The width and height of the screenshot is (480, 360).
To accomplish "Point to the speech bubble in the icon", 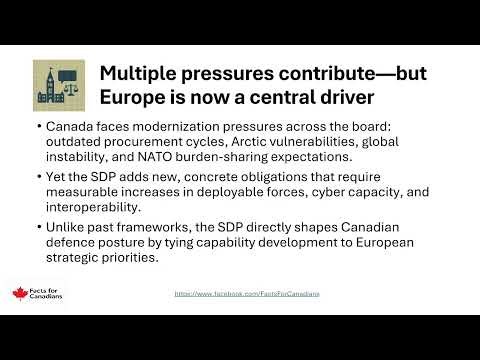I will pos(70,76).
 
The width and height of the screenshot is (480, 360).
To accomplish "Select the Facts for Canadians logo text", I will pos(44,295).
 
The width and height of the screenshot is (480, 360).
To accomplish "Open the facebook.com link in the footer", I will pos(253,294).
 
